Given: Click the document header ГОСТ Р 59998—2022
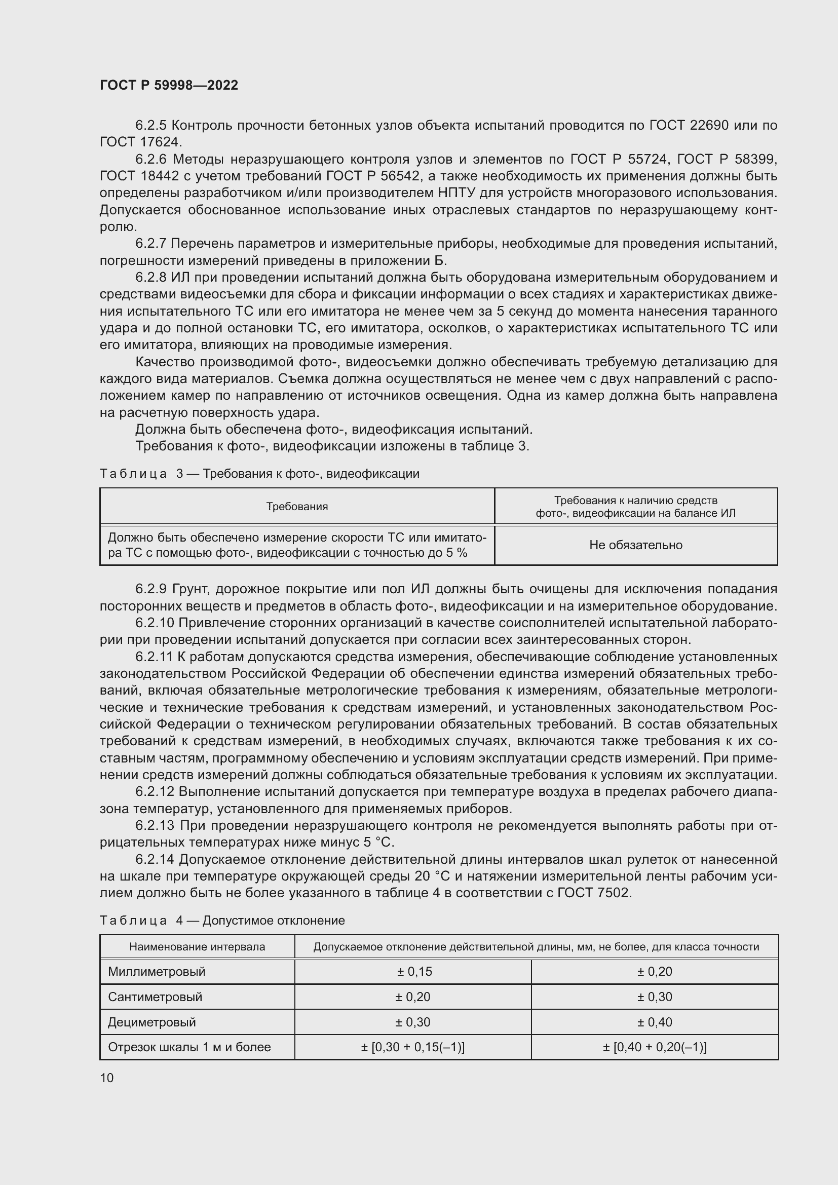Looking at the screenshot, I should (x=169, y=85).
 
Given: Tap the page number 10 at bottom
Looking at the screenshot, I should (x=107, y=1078).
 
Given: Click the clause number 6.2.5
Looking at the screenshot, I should (x=150, y=126).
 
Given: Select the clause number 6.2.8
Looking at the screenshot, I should (x=150, y=278).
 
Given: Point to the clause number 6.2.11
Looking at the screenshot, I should (x=154, y=657).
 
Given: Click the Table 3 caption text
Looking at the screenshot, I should (x=259, y=474).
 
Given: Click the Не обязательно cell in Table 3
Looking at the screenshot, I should (x=636, y=545).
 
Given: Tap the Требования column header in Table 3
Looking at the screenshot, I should (x=297, y=507).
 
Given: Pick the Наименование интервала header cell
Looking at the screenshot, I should (x=197, y=947).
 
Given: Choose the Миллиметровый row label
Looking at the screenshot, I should (x=157, y=972).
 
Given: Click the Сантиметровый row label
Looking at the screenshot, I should (x=156, y=997).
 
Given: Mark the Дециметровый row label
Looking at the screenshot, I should (x=152, y=1022).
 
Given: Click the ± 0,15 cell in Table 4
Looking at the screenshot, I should (x=414, y=972).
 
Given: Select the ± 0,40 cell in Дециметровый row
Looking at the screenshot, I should (x=654, y=1022).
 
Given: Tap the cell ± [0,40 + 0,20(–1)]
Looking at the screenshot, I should (x=654, y=1047).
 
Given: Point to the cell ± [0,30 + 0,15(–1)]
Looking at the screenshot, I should (x=413, y=1047).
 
